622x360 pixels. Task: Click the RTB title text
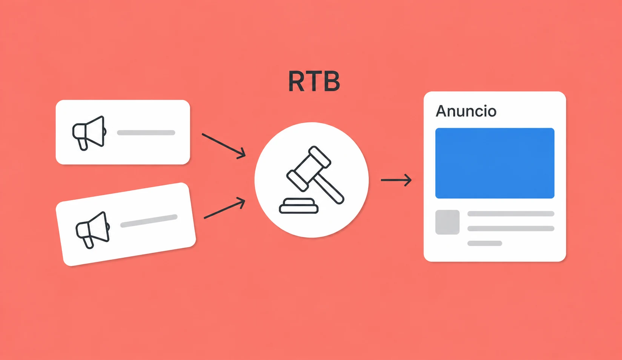(314, 81)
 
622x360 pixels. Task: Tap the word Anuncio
(466, 111)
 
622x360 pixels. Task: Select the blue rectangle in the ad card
(495, 163)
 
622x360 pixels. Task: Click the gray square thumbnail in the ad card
(447, 222)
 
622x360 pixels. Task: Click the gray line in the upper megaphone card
(146, 133)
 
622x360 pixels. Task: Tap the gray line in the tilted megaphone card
(149, 221)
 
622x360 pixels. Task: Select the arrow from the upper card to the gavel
(224, 146)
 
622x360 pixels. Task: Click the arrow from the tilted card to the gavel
(224, 208)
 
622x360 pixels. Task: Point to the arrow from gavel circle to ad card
(396, 180)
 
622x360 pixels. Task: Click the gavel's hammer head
(309, 169)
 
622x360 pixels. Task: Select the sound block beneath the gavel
(299, 206)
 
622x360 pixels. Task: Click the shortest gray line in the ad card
(485, 243)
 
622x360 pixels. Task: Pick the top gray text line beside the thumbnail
(511, 214)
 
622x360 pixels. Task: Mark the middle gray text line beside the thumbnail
(511, 229)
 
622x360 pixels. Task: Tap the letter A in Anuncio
(442, 111)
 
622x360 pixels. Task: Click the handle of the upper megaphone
(83, 145)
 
